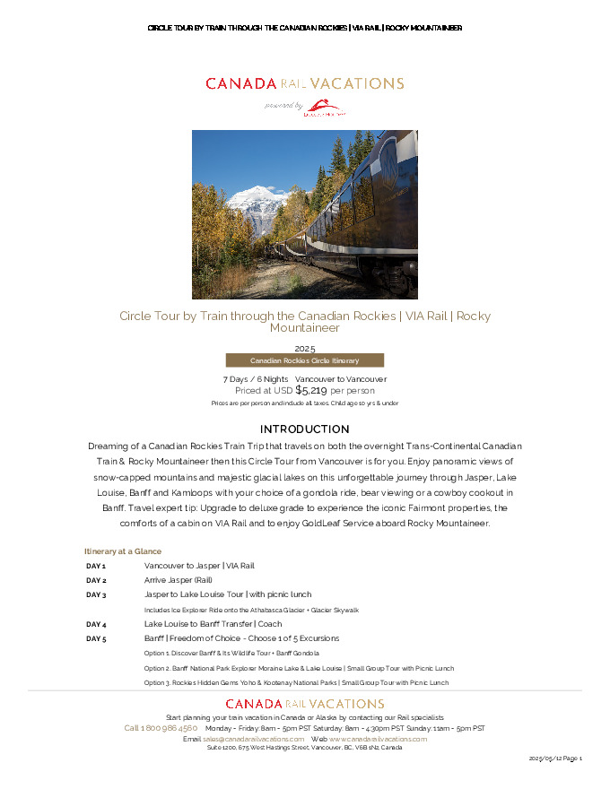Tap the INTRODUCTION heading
304,429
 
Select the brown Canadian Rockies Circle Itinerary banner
304,360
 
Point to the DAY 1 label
96,567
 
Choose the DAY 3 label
96,595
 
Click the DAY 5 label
96,638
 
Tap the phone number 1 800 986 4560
161,728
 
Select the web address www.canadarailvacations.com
379,739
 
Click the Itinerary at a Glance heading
123,551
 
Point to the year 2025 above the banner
304,348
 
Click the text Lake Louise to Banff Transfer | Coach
213,624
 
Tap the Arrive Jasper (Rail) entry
178,581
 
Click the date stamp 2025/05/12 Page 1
555,759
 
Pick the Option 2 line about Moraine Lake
299,668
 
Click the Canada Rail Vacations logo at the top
304,83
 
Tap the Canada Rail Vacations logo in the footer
304,704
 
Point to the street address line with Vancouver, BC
304,748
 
